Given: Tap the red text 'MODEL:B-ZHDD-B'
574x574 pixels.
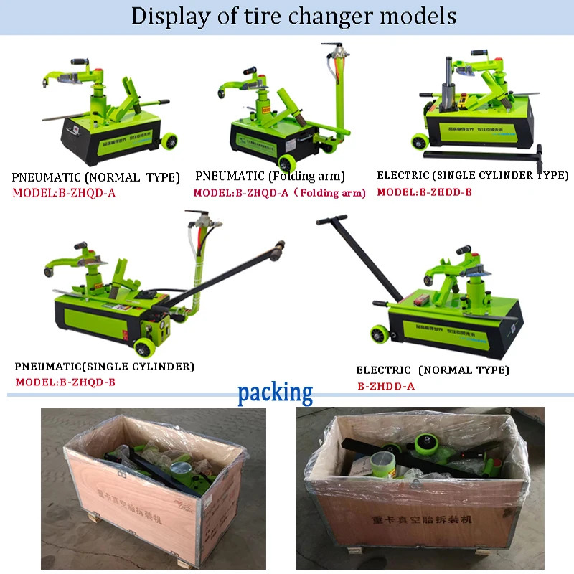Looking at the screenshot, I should [x=425, y=192].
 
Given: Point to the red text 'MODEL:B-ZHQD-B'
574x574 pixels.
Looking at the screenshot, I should [x=65, y=381].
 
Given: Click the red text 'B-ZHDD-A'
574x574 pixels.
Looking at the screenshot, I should [x=386, y=386].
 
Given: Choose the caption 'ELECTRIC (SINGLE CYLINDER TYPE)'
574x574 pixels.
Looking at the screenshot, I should [x=473, y=175].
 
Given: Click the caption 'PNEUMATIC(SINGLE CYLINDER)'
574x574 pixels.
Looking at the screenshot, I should [x=105, y=367].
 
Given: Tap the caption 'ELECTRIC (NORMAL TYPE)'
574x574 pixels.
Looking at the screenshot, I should [x=433, y=370].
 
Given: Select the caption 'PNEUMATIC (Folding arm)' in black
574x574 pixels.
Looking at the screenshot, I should [x=270, y=177].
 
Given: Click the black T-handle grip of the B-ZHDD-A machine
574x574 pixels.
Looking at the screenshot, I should [x=331, y=220].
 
